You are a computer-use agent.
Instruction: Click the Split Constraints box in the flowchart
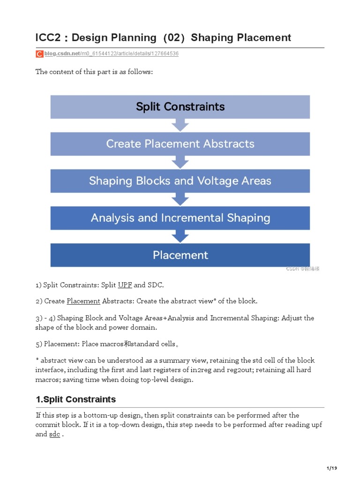click(x=180, y=107)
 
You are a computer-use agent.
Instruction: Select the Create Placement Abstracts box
click(x=180, y=143)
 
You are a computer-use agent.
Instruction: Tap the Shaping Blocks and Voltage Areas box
click(x=180, y=181)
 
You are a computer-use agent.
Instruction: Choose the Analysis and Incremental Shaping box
click(x=180, y=218)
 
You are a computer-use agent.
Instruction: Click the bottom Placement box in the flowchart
click(x=180, y=255)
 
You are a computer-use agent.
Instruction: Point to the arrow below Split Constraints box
click(x=180, y=125)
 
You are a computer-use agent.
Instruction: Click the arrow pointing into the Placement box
click(x=180, y=236)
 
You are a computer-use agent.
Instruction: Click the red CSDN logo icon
click(x=39, y=54)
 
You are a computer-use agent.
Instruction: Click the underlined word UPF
click(x=125, y=285)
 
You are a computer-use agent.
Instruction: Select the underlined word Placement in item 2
click(x=83, y=301)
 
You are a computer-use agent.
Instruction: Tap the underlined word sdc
click(x=54, y=435)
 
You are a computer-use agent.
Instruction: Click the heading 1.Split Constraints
click(x=75, y=399)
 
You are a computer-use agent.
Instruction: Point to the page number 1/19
click(x=331, y=468)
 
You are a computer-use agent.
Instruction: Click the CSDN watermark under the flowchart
click(x=302, y=269)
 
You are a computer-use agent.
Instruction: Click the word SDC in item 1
click(x=155, y=285)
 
